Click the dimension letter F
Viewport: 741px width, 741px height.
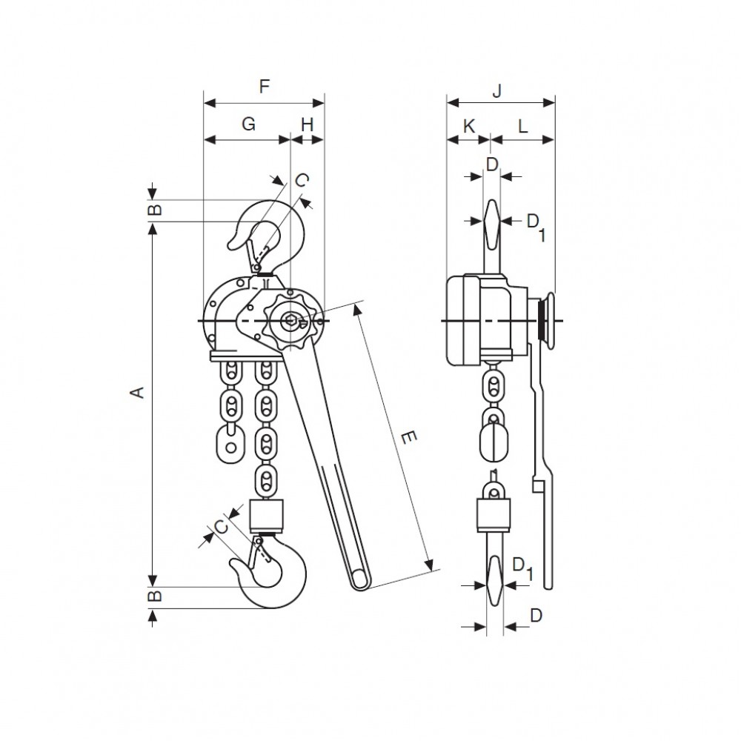(x=265, y=87)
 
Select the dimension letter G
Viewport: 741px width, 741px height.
(x=248, y=124)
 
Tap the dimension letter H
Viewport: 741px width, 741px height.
(x=308, y=124)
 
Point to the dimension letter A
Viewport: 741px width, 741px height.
(x=137, y=392)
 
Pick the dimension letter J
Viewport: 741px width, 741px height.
(x=496, y=90)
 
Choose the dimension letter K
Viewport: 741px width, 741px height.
(x=468, y=126)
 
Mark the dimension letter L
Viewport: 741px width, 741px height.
(x=522, y=126)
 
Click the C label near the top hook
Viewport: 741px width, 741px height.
(x=302, y=180)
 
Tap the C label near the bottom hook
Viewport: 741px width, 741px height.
(x=221, y=526)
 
